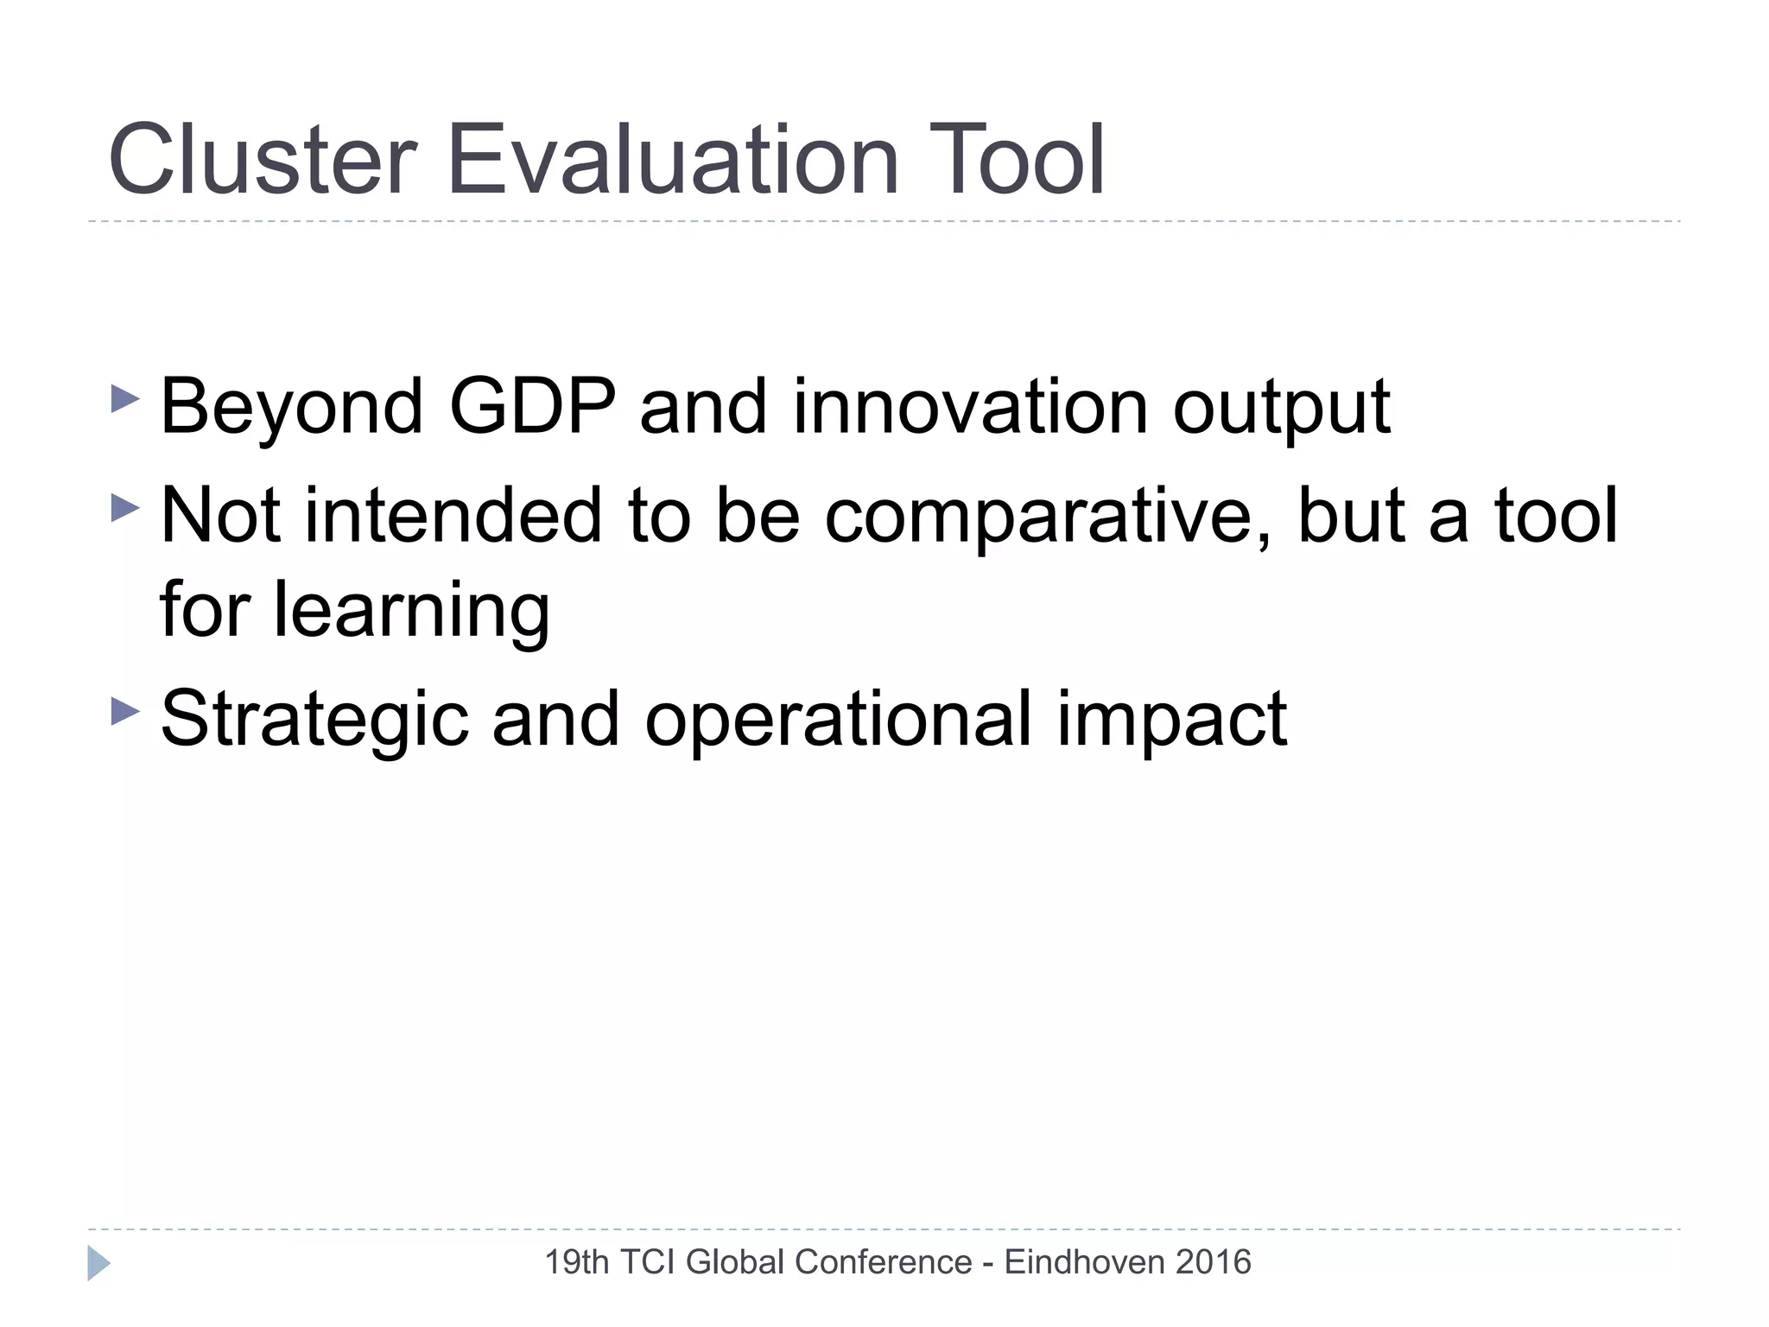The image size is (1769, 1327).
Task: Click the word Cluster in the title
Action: pos(263,161)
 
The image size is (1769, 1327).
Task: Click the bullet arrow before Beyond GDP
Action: pos(125,399)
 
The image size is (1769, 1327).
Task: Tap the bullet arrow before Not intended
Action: pos(125,507)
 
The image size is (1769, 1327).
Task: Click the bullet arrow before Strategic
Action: pos(125,712)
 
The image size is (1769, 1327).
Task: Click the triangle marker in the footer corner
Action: pos(98,1263)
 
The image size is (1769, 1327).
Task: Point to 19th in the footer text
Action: pos(577,1262)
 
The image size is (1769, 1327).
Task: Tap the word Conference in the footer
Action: pos(883,1262)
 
